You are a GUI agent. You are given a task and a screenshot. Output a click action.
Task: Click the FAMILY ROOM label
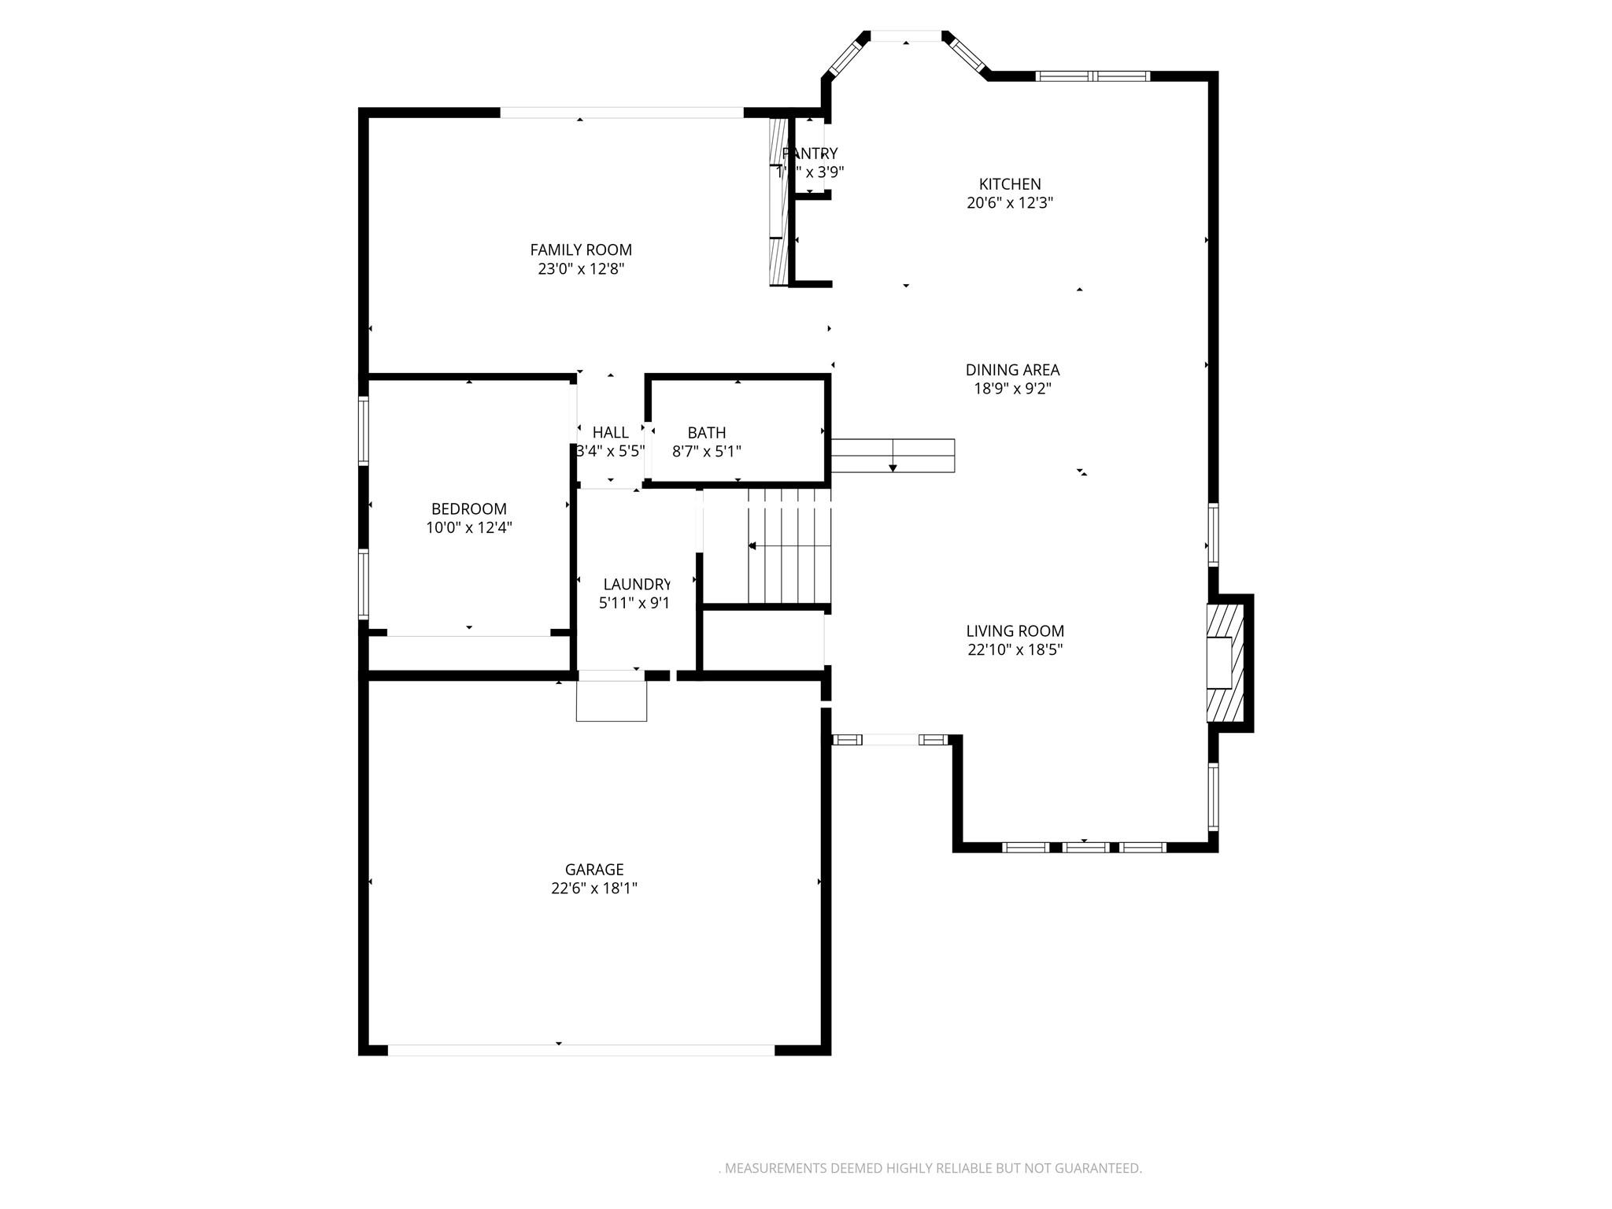click(x=581, y=250)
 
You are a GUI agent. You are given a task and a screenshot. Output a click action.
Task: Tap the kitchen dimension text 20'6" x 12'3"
click(x=1010, y=203)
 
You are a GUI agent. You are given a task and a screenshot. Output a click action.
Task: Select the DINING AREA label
click(x=1012, y=369)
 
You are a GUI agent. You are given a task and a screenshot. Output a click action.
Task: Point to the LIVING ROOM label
click(x=1015, y=630)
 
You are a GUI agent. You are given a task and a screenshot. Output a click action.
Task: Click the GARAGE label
click(x=594, y=869)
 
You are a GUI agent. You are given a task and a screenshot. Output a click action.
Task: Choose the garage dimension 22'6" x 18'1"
click(x=594, y=889)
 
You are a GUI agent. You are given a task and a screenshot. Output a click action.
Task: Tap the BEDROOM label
click(x=469, y=508)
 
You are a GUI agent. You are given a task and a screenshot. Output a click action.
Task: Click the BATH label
click(x=706, y=432)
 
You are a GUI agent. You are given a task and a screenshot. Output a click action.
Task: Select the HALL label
click(x=610, y=432)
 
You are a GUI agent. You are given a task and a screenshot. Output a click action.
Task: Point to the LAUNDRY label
click(x=636, y=584)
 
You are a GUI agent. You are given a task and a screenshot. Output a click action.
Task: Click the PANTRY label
click(x=810, y=153)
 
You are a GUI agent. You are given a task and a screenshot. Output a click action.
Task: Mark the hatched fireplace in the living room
click(x=1225, y=662)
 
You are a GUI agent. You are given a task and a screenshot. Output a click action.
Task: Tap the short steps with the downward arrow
click(x=893, y=456)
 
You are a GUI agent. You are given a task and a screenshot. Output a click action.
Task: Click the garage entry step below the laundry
click(x=612, y=701)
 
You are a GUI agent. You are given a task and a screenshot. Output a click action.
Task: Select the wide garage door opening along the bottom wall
click(x=581, y=1050)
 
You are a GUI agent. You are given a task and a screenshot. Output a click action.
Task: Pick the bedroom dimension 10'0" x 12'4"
click(x=469, y=527)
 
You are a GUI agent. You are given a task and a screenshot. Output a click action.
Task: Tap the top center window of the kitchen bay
click(x=905, y=36)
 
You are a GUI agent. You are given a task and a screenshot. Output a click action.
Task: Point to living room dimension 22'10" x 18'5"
click(x=1015, y=650)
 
